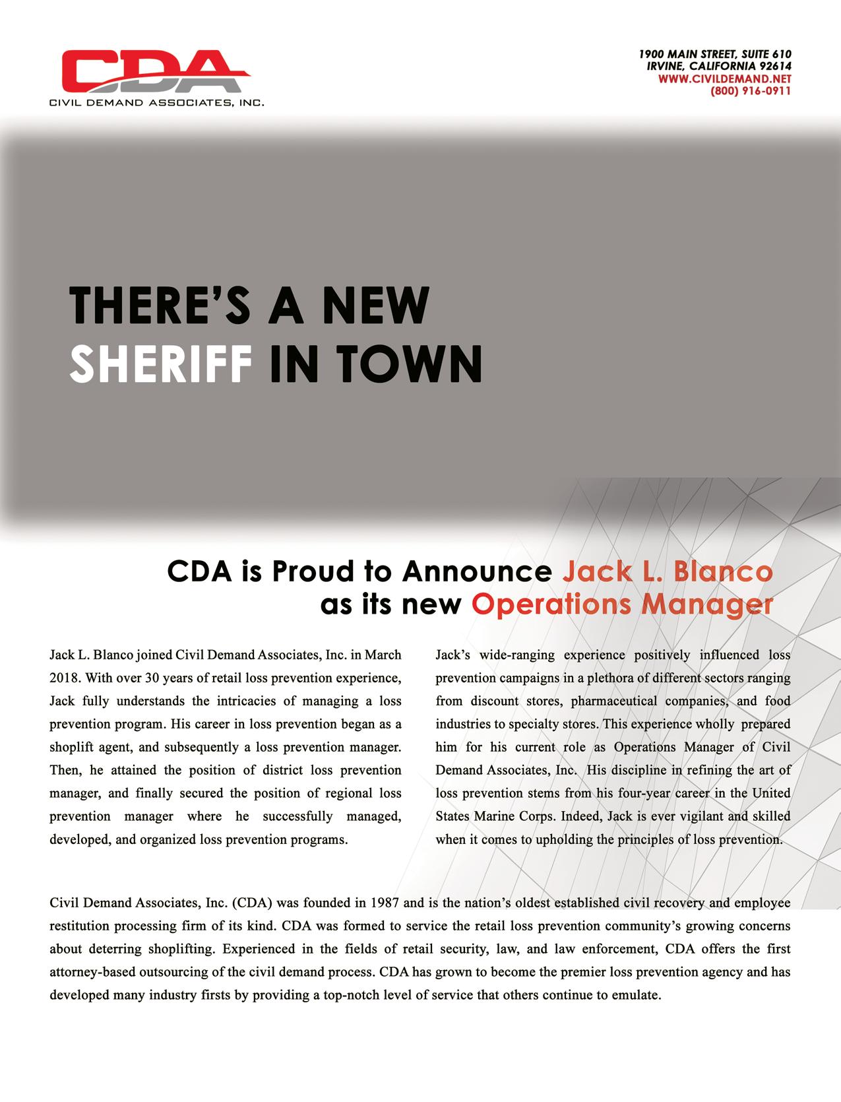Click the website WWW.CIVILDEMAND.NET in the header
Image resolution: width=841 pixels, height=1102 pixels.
tap(725, 79)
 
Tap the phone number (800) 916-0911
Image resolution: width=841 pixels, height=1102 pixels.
tap(751, 91)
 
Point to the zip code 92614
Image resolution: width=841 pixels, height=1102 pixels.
tap(776, 67)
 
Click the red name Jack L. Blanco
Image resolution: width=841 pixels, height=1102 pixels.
tap(666, 571)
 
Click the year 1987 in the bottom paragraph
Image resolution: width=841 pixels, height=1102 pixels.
tap(387, 903)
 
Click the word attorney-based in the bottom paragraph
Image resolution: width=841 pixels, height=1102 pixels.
tap(90, 972)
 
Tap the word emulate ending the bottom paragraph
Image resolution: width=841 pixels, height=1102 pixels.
tap(636, 995)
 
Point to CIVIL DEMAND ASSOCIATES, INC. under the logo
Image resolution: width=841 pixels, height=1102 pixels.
tap(157, 102)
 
